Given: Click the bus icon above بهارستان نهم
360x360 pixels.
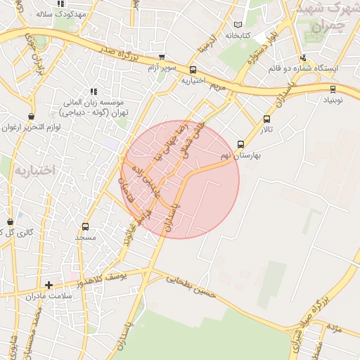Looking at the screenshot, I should (241, 144).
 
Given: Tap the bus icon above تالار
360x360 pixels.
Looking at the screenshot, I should (266, 119).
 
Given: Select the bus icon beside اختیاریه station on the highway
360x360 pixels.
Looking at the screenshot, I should (193, 69).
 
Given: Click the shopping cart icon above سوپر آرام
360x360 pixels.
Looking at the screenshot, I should (162, 57).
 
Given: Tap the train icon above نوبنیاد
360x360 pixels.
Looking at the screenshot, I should (333, 89).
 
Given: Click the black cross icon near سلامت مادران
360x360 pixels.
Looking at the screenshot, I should (49, 285).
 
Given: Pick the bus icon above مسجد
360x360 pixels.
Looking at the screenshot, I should (86, 226).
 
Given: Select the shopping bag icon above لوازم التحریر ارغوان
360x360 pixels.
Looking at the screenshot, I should (30, 116).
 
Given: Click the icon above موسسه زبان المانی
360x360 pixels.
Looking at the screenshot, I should (93, 91).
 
